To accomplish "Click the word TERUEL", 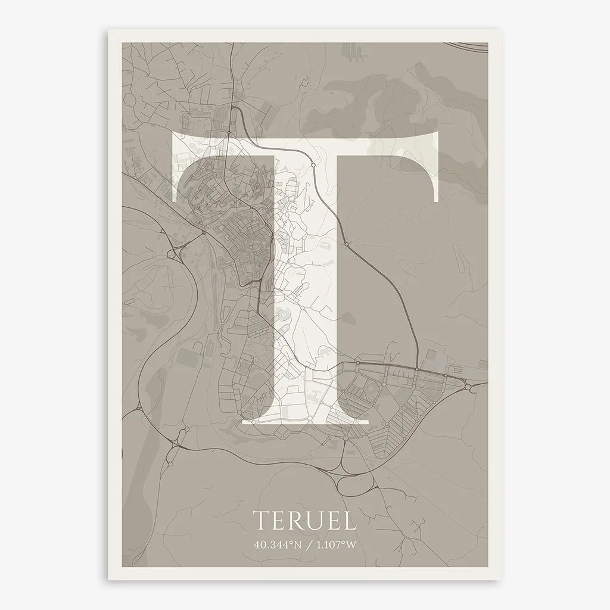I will coord(305,519).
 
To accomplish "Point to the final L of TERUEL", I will coord(351,519).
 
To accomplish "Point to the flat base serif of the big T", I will coord(305,421).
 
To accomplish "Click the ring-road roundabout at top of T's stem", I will coord(313,164).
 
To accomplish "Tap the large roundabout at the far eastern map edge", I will coord(468,387).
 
